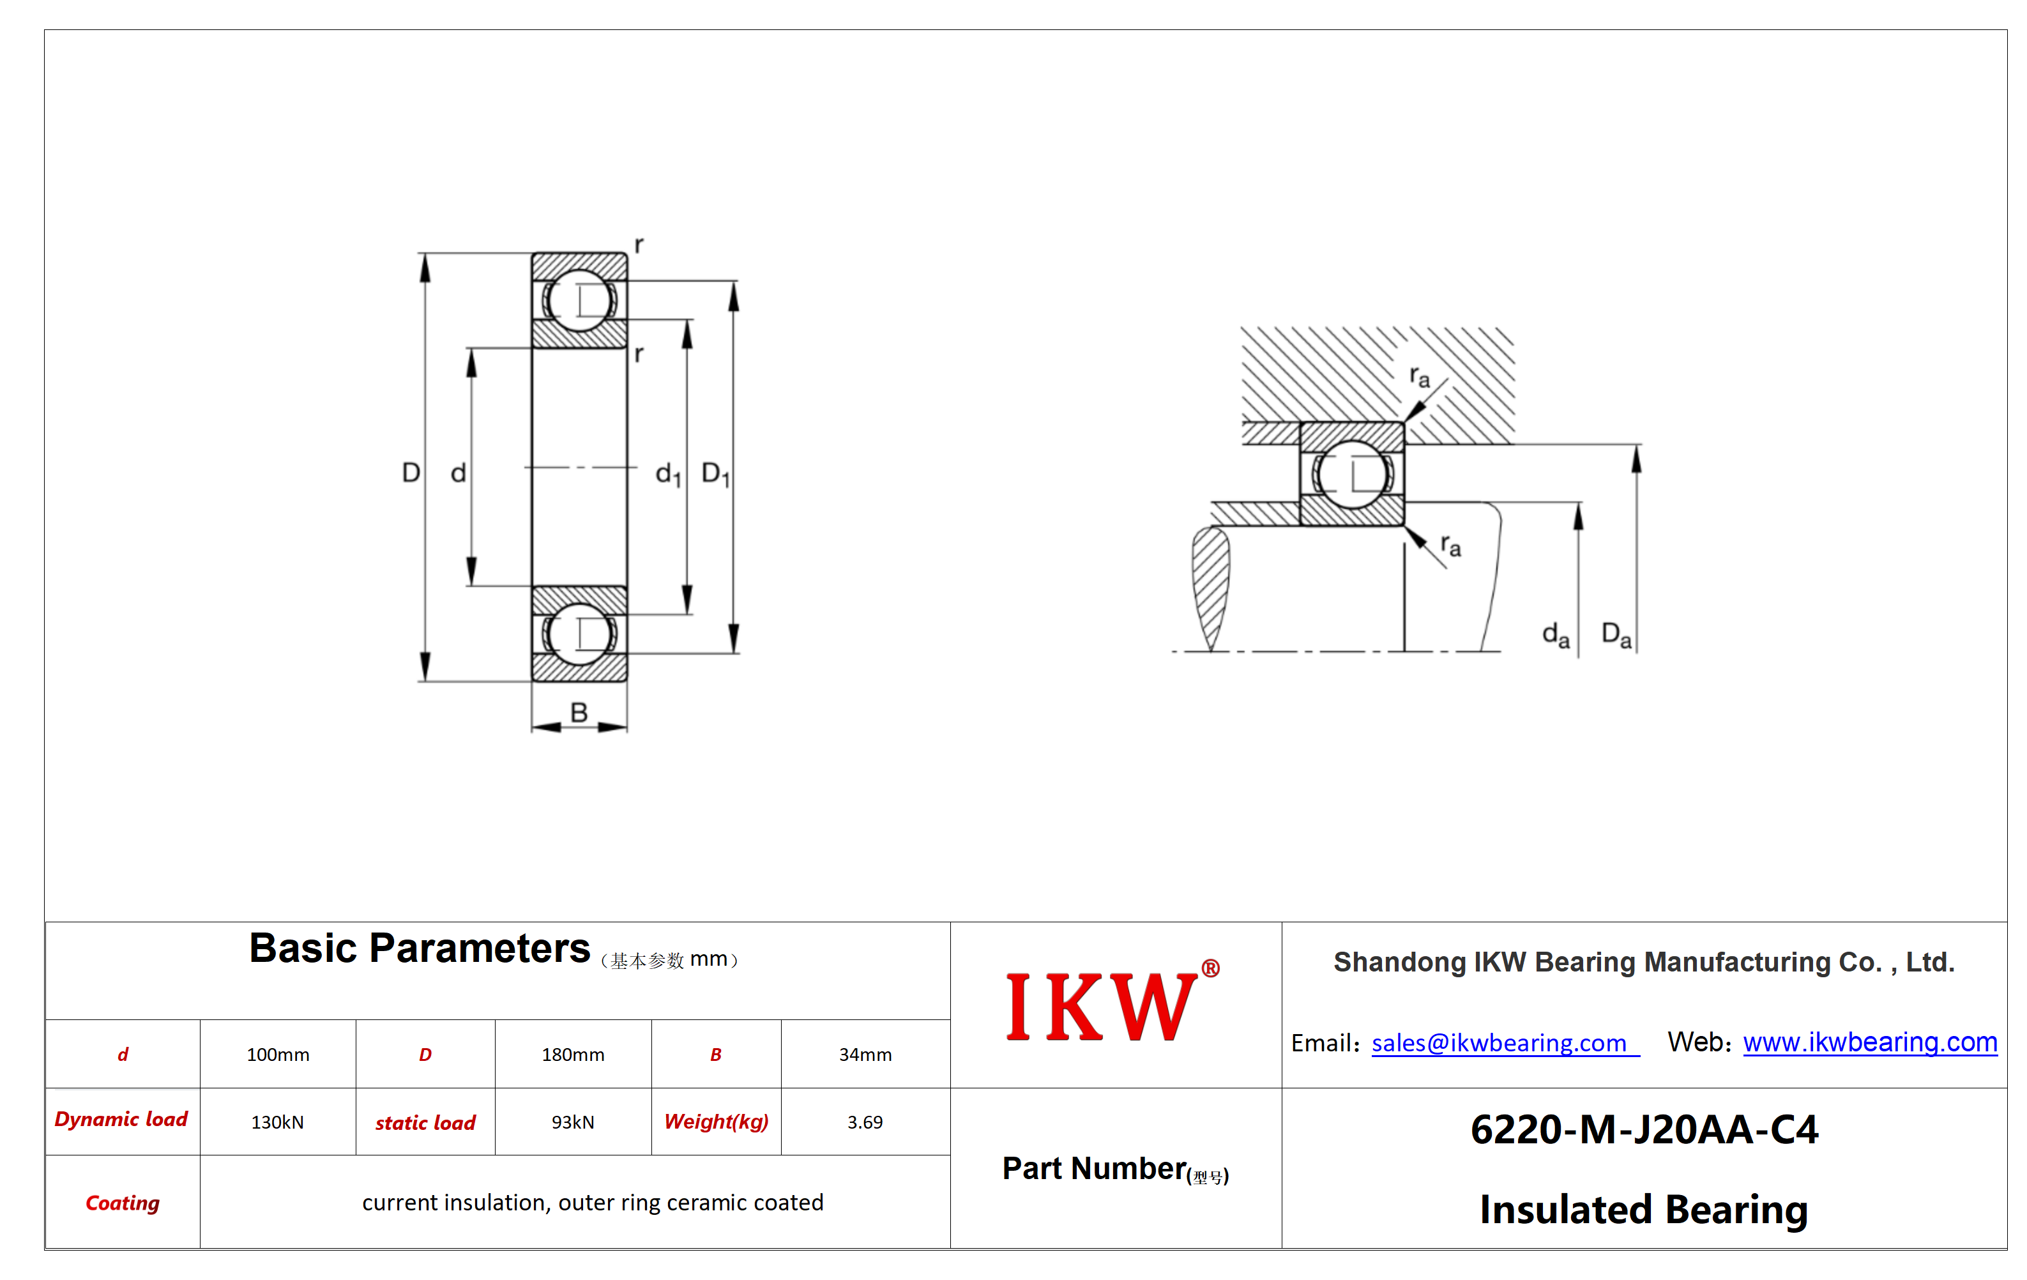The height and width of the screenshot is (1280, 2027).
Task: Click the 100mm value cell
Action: pyautogui.click(x=278, y=1055)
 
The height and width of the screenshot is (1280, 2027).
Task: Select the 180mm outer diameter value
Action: pyautogui.click(x=572, y=1055)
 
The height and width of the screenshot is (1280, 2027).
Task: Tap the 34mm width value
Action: pyautogui.click(x=865, y=1055)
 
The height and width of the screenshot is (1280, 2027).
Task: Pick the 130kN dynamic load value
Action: pyautogui.click(x=277, y=1122)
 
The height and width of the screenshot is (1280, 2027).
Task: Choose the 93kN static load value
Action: pyautogui.click(x=572, y=1122)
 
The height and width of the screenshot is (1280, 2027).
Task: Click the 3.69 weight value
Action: pyautogui.click(x=865, y=1122)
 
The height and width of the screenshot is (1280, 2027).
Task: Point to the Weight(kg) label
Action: pyautogui.click(x=717, y=1122)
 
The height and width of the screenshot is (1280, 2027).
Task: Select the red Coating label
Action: pyautogui.click(x=123, y=1203)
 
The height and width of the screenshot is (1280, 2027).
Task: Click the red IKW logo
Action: pyautogui.click(x=1112, y=1004)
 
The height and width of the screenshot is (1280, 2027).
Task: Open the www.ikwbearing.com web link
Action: pyautogui.click(x=1870, y=1042)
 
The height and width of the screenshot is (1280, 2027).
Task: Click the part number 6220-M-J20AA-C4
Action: pyautogui.click(x=1644, y=1129)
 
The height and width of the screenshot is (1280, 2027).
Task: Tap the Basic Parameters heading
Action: pyautogui.click(x=419, y=949)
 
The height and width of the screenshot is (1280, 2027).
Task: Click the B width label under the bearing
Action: pyautogui.click(x=579, y=712)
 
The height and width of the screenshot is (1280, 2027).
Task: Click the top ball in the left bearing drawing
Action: pyautogui.click(x=579, y=300)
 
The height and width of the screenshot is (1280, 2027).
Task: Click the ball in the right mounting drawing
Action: pyautogui.click(x=1352, y=474)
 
